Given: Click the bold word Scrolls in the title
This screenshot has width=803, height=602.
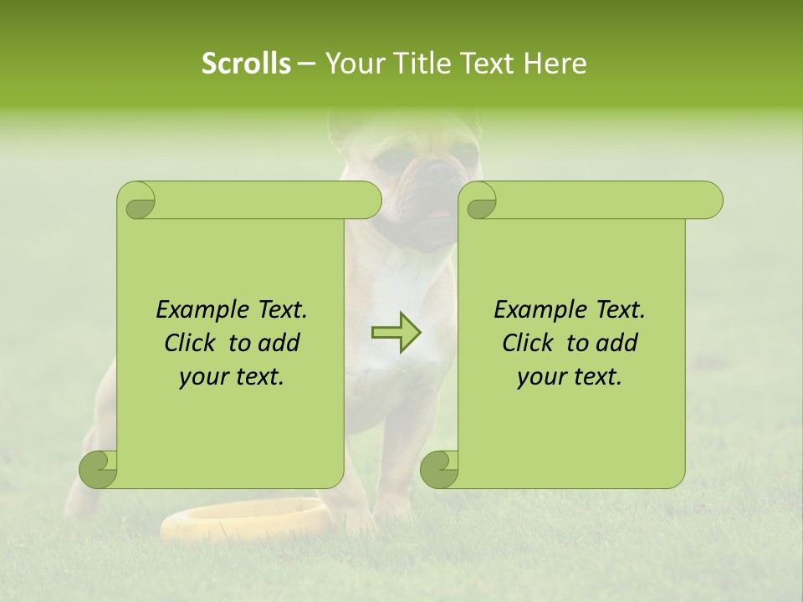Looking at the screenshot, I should click(246, 64).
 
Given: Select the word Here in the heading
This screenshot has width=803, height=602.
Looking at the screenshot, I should click(555, 64).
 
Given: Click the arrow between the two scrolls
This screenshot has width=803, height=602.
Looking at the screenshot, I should click(396, 333).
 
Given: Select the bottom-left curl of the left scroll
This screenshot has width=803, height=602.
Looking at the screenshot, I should click(99, 468).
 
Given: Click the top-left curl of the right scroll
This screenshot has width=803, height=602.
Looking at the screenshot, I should click(480, 202).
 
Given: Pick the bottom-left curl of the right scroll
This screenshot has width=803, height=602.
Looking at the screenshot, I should click(440, 468).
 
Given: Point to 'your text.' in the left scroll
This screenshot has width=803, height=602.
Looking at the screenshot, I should click(232, 376).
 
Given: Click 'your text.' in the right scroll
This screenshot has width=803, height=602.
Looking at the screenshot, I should click(570, 376).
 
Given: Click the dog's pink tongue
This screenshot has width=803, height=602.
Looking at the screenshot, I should click(436, 215).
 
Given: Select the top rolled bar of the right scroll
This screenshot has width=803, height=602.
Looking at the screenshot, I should click(602, 200).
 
